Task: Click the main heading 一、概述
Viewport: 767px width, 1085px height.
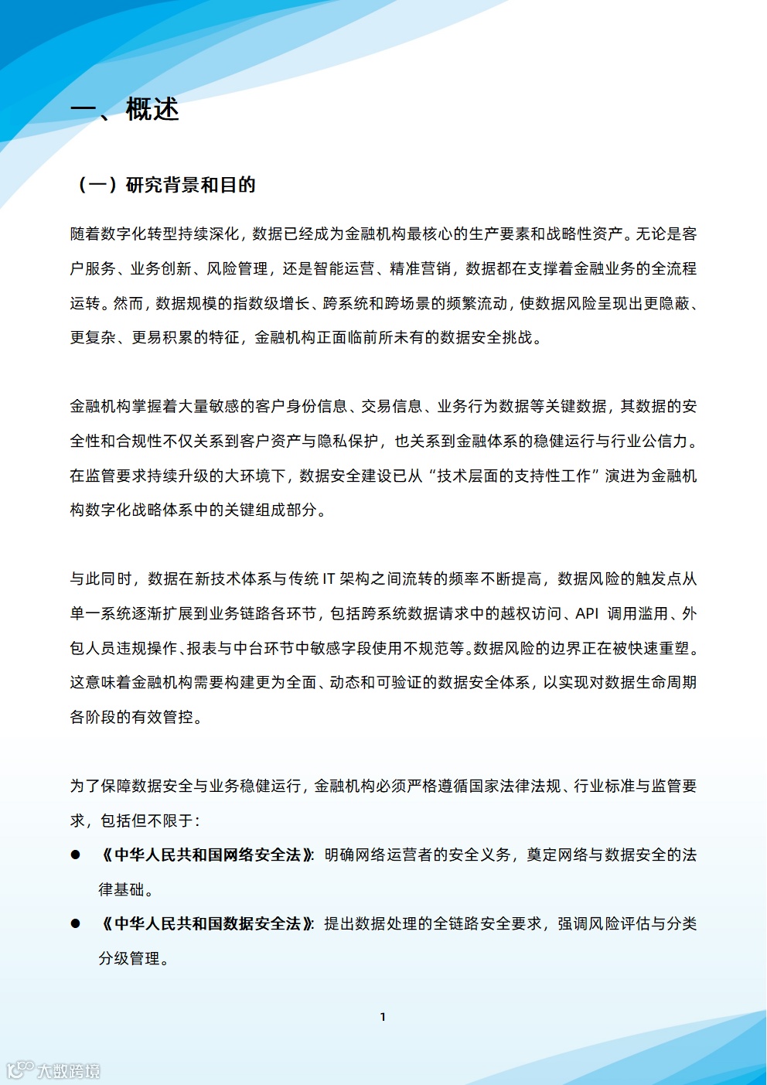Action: pyautogui.click(x=124, y=110)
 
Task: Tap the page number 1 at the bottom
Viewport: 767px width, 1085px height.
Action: pyautogui.click(x=383, y=1017)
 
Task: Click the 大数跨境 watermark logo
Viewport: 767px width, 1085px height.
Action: pyautogui.click(x=53, y=1070)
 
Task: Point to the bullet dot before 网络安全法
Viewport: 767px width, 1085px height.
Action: pyautogui.click(x=76, y=855)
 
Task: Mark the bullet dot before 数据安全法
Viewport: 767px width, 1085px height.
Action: pyautogui.click(x=76, y=923)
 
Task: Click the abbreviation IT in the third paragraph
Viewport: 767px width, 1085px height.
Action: pyautogui.click(x=329, y=578)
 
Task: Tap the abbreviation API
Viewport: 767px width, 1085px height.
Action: pyautogui.click(x=587, y=613)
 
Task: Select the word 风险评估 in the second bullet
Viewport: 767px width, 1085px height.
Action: pyautogui.click(x=619, y=923)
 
